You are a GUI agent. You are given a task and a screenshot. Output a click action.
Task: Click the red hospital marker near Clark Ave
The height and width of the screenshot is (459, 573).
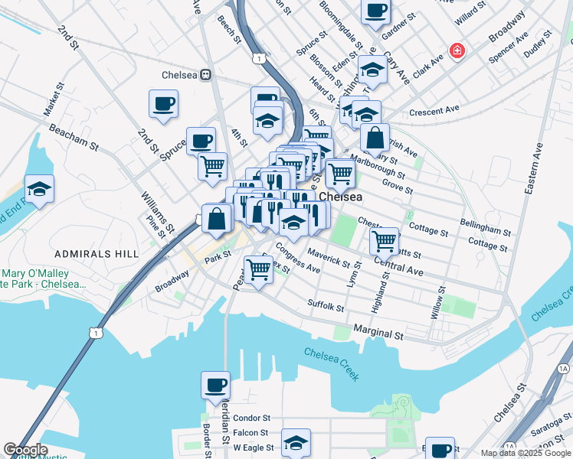click(x=457, y=51)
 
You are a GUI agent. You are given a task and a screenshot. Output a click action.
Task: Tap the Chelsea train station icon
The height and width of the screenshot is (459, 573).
click(x=205, y=75)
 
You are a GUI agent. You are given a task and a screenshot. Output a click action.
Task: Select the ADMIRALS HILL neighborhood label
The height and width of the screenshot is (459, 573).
click(x=96, y=253)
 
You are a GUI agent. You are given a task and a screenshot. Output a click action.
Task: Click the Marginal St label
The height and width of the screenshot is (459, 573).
click(x=378, y=333)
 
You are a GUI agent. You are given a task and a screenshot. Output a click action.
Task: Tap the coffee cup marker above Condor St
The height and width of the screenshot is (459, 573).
click(x=215, y=385)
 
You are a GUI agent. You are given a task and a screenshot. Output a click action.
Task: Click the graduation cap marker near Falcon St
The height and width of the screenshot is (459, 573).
click(x=296, y=442)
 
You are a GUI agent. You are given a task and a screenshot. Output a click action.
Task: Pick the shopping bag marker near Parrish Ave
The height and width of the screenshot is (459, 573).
click(x=375, y=138)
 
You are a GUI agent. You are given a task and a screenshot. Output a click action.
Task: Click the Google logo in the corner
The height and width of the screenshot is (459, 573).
click(x=25, y=450)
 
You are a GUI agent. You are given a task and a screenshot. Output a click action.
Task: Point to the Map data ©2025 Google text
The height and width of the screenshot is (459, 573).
click(x=526, y=454)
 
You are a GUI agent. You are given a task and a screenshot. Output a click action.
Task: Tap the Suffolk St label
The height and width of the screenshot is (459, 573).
click(x=326, y=306)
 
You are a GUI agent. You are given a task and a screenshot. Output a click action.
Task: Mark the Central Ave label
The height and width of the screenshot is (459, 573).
click(x=398, y=266)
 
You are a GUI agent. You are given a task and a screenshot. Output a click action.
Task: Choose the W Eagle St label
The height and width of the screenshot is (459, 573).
click(x=254, y=447)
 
